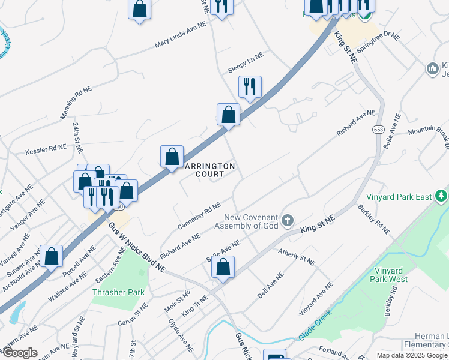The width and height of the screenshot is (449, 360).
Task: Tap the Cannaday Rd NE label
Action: coord(199,217)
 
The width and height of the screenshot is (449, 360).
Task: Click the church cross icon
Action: coord(288,221)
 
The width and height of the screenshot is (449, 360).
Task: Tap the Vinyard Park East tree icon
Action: coord(441,196)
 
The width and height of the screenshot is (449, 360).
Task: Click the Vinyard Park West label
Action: coord(391,275)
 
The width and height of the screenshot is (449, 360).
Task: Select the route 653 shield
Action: coord(378,130)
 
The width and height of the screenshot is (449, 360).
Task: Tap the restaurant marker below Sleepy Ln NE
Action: coord(250,86)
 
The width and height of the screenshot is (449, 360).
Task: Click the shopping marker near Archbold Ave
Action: coord(52,255)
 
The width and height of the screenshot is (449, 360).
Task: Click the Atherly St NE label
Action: coord(297,257)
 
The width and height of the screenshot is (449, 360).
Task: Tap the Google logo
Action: coord(19,353)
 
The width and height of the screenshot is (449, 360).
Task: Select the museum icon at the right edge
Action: coord(432,70)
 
